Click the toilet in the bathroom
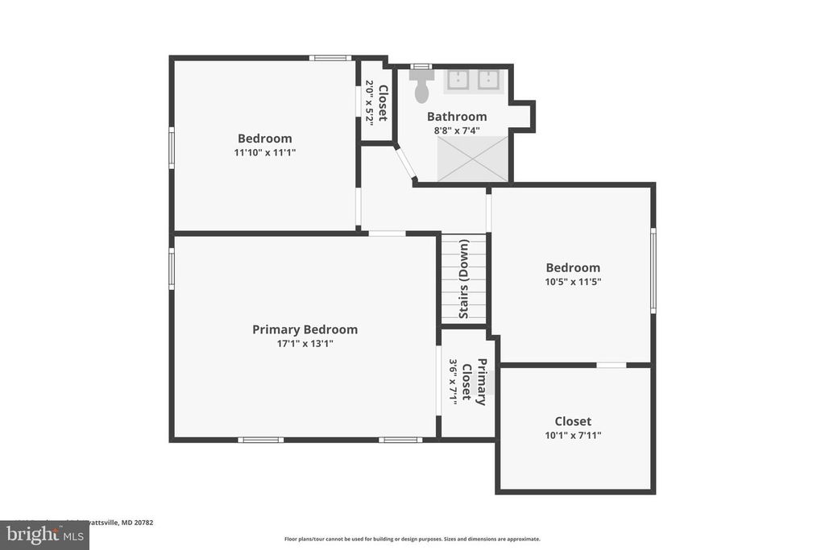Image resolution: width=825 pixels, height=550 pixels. pyautogui.click(x=421, y=87)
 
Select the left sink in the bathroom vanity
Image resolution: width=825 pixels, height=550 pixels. pyautogui.click(x=459, y=80)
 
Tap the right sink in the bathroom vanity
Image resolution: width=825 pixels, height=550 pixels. pyautogui.click(x=488, y=80)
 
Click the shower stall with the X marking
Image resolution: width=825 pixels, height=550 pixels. pyautogui.click(x=473, y=159)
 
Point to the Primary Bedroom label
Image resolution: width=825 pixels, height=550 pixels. pyautogui.click(x=305, y=329)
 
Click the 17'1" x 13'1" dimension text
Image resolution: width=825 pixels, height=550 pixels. pyautogui.click(x=305, y=344)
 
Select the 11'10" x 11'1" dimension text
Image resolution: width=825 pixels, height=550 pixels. pyautogui.click(x=264, y=152)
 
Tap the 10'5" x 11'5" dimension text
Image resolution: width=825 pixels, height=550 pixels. pyautogui.click(x=573, y=282)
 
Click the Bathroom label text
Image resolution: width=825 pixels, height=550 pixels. pyautogui.click(x=457, y=116)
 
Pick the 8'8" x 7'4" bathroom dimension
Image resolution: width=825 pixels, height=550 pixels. pyautogui.click(x=457, y=130)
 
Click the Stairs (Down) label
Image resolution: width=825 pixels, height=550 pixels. pyautogui.click(x=464, y=279)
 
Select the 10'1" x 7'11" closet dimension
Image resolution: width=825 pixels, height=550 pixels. pyautogui.click(x=573, y=436)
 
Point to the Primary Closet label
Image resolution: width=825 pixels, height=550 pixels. pyautogui.click(x=475, y=382)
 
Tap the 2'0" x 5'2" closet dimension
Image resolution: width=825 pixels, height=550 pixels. pyautogui.click(x=370, y=101)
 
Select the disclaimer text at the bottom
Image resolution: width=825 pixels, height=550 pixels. pyautogui.click(x=412, y=540)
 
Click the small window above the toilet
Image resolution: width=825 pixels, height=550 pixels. pyautogui.click(x=421, y=66)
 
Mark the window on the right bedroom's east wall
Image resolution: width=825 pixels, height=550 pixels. pyautogui.click(x=653, y=270)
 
